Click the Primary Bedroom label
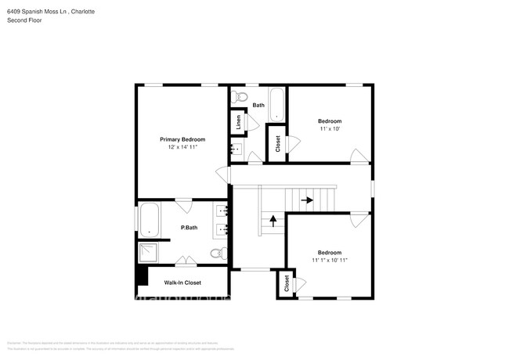tap(182, 139)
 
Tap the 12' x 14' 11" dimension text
tap(182, 147)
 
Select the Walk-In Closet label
tap(182, 283)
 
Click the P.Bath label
tap(189, 228)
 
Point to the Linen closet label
tap(236, 123)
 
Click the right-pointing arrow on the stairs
tap(307, 200)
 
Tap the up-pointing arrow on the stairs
tap(273, 221)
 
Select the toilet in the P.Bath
tap(218, 253)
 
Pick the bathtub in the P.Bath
tap(149, 220)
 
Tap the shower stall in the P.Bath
tap(149, 253)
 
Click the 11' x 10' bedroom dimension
tap(329, 129)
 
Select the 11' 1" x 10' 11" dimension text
tap(329, 260)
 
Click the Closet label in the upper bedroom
tap(277, 143)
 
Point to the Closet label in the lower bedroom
tap(286, 283)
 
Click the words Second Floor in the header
tap(24, 20)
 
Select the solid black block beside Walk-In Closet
tap(142, 275)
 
